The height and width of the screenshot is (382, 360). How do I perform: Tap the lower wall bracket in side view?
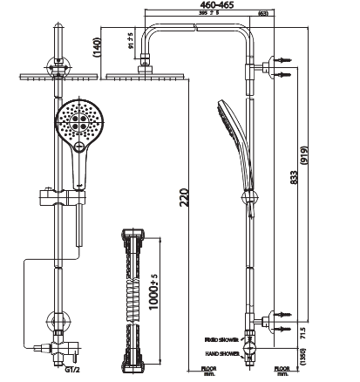pos(258,321)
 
